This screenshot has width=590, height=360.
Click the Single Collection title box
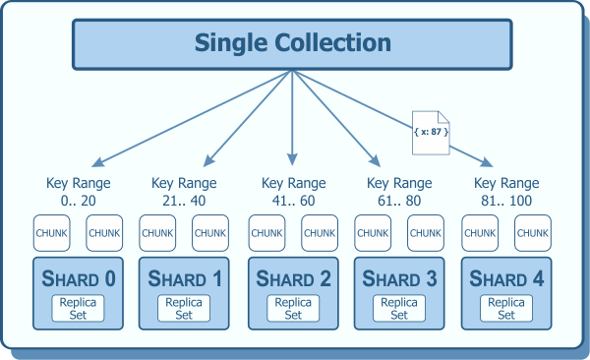pos(292,44)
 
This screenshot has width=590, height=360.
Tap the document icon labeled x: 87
pos(429,132)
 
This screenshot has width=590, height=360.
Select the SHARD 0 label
pos(79,278)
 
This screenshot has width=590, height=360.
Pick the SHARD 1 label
pos(186,278)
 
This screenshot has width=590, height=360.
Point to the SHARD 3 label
pos(399,278)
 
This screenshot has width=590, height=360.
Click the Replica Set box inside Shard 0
pos(79,308)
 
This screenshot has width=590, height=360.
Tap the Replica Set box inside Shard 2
pos(293,308)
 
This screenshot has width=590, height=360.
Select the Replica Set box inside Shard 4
pos(506,308)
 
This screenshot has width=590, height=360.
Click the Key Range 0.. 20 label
pos(79,191)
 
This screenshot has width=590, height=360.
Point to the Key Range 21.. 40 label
pos(184,191)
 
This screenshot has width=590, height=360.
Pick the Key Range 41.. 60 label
pos(293,191)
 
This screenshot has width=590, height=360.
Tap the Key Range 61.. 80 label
pos(399,191)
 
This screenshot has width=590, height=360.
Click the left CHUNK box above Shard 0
pos(52,233)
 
